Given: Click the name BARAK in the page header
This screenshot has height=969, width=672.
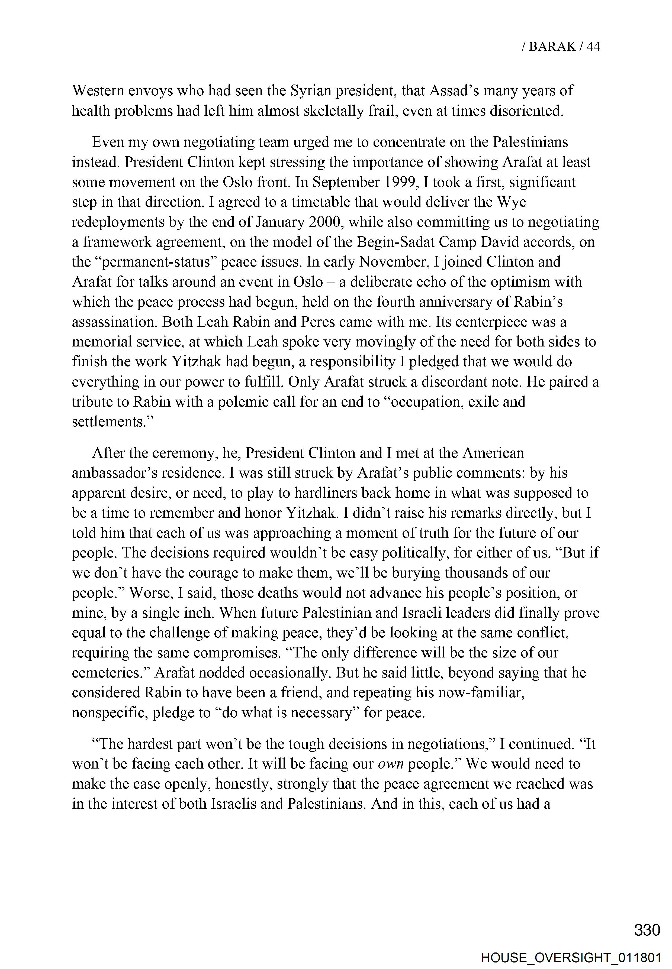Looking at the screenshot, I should pos(552,46).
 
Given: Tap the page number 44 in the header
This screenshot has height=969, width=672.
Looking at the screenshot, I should pos(593,46).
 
